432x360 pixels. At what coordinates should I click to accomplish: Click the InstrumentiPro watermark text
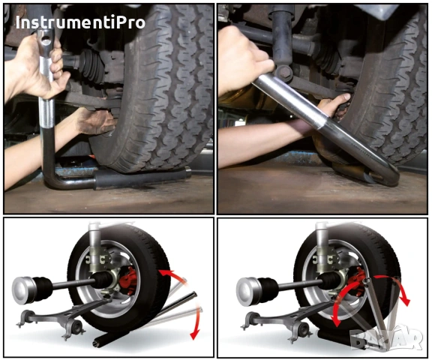pyautogui.click(x=80, y=22)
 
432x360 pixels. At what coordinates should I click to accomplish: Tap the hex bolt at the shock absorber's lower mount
pyautogui.click(x=283, y=73)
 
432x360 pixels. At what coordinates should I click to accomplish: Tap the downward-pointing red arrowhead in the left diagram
pyautogui.click(x=194, y=334)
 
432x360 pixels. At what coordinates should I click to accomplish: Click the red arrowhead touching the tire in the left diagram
pyautogui.click(x=164, y=273)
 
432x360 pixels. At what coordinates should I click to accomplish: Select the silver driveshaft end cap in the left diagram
pyautogui.click(x=22, y=290)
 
